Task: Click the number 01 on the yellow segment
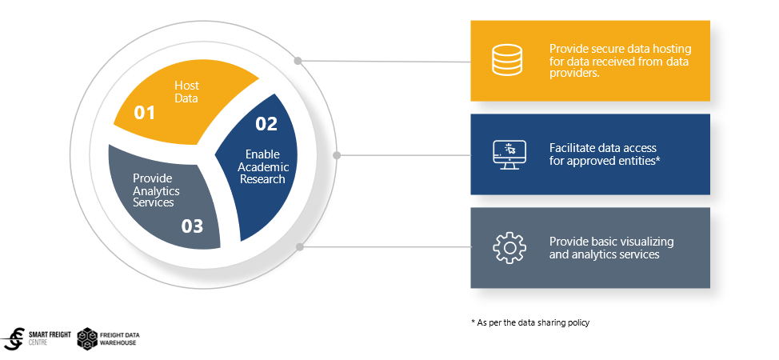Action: point(145,113)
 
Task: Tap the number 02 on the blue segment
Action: point(266,124)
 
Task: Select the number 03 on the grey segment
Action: point(192,226)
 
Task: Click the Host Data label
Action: point(186,91)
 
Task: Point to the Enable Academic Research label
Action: point(263,166)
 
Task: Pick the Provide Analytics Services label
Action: point(157,190)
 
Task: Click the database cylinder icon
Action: point(507,60)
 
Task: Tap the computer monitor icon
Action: point(509,154)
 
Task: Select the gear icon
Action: point(509,247)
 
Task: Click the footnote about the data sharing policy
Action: point(530,322)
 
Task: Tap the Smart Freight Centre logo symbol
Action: point(14,339)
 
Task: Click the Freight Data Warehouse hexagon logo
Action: point(87,338)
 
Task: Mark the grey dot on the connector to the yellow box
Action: point(298,61)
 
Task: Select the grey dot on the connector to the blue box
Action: point(337,155)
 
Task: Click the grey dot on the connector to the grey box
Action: point(300,246)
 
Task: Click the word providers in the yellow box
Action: point(573,73)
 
